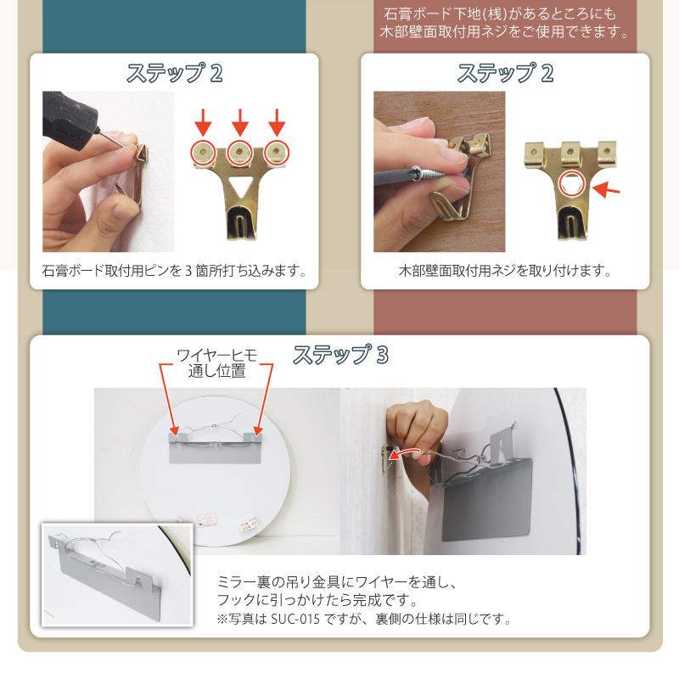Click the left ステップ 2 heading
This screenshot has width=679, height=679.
[x=175, y=73]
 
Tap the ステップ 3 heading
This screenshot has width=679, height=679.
[x=340, y=355]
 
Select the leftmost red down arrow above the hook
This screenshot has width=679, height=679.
[x=202, y=122]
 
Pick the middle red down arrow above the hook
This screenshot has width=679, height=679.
[x=239, y=122]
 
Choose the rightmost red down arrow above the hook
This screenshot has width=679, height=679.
[x=276, y=122]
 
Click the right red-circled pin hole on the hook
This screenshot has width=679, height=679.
[x=276, y=152]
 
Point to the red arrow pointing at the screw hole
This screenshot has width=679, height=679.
[x=605, y=190]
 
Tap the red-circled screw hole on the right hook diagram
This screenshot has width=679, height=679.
[x=571, y=180]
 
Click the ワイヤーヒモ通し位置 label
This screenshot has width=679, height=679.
[x=216, y=362]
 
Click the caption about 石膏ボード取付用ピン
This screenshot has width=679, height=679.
[x=174, y=272]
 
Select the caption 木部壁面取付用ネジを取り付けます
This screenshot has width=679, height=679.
[x=505, y=272]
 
